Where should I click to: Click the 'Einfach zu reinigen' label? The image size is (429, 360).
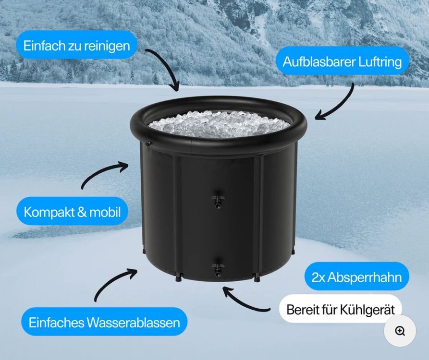pos(76,45)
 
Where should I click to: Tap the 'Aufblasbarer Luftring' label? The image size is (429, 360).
pos(342,61)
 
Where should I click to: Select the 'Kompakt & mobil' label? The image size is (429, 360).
pos(72,211)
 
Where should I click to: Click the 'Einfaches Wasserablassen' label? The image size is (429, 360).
pos(104,322)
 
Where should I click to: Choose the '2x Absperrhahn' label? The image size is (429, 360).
pos(357,276)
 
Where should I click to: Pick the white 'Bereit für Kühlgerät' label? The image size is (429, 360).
pos(341,309)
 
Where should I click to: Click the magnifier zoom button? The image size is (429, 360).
pos(400,331)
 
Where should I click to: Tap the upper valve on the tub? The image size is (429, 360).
pos(218,199)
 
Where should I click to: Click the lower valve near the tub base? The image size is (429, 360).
pos(218,267)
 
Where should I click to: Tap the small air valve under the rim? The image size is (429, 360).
pos(148,144)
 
